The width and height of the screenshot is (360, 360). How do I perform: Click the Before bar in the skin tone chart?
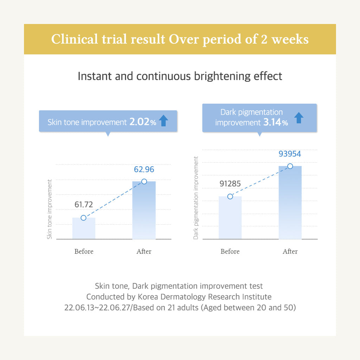click(x=84, y=229)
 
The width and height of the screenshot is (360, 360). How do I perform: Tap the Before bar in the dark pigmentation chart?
click(x=230, y=218)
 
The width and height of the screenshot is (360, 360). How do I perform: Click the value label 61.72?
click(x=84, y=205)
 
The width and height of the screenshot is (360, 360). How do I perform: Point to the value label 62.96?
click(x=144, y=169)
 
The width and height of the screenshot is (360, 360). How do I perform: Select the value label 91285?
click(x=230, y=184)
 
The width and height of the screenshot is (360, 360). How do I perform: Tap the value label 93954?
click(x=290, y=154)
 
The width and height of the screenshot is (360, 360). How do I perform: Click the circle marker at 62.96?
click(x=144, y=181)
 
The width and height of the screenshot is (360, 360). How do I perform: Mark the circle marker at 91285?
click(x=230, y=197)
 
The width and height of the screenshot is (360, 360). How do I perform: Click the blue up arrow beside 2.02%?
click(x=163, y=121)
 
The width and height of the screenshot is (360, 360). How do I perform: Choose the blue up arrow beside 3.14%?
click(x=298, y=118)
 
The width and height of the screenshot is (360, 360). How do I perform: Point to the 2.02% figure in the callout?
click(x=142, y=122)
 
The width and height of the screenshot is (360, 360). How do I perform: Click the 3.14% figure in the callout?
click(x=275, y=123)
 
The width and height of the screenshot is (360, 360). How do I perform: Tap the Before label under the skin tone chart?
click(x=84, y=251)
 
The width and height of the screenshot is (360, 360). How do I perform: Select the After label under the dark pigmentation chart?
click(x=290, y=251)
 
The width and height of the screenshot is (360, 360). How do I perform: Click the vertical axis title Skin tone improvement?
click(x=50, y=209)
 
